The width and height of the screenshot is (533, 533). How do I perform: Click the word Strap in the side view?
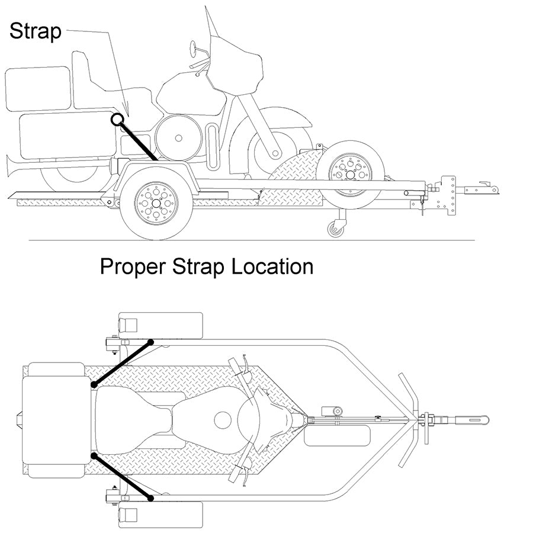36,31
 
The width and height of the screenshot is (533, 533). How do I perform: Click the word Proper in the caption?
134,267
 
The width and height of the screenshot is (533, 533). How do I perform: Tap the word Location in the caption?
272,267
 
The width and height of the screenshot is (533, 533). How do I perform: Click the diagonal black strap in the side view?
139,142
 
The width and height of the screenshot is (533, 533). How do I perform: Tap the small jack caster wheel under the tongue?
336,228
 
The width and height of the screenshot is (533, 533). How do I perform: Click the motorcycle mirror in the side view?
195,47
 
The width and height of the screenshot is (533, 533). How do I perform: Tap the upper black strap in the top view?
123,363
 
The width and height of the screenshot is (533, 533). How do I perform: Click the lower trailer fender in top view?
160,514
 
